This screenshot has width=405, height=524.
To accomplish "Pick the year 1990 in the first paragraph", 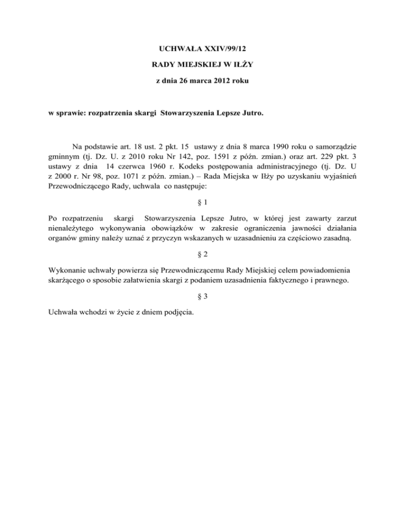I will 263,145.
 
